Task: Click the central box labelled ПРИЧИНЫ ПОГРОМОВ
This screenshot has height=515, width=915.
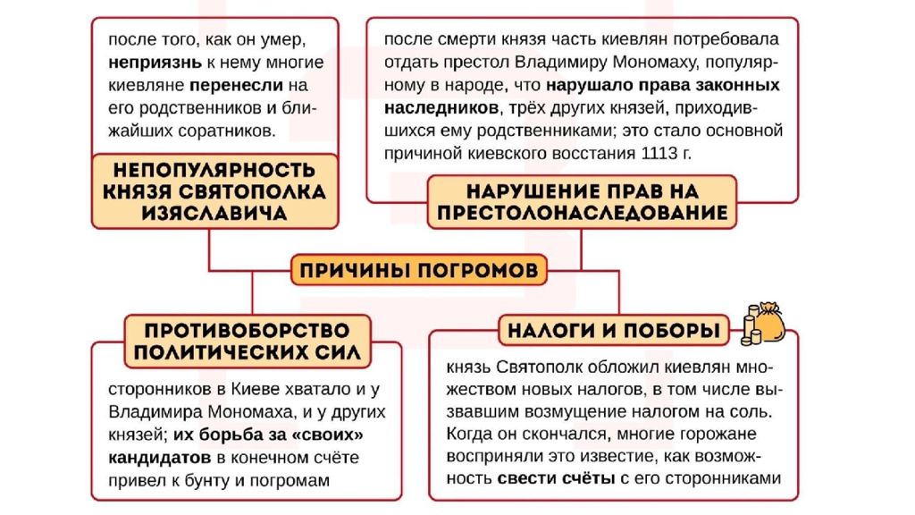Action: pos(419,270)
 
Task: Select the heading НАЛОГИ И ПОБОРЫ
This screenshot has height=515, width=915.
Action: pos(614,330)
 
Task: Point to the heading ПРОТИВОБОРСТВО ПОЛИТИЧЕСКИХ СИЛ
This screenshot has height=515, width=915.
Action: pos(248,341)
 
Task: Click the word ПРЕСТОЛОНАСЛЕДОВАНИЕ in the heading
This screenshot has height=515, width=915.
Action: pos(583,213)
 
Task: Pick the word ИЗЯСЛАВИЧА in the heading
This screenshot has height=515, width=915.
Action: pos(214,213)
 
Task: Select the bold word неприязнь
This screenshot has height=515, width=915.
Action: pos(155,63)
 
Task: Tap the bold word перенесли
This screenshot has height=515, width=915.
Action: pos(236,85)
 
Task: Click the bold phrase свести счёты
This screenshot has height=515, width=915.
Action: pos(556,478)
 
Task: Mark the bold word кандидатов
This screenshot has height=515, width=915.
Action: pos(159,458)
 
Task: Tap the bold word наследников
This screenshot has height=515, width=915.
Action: pos(441,108)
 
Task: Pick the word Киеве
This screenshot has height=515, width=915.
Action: pos(256,389)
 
